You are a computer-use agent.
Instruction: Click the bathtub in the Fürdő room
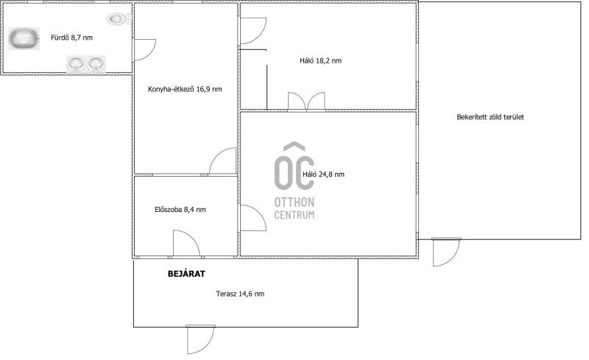pos(24,39)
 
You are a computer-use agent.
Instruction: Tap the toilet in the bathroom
pos(119,18)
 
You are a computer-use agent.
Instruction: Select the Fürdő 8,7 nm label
pos(71,38)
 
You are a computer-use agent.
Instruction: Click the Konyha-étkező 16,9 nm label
pos(185,89)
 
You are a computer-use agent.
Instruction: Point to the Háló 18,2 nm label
pos(321,60)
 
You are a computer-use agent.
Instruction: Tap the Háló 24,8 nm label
pos(323,174)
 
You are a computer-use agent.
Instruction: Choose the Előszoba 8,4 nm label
pos(180,210)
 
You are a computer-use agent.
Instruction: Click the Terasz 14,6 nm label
pos(240,294)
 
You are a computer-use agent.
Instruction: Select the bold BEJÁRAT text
pos(186,274)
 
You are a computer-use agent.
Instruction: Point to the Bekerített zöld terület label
pos(490,117)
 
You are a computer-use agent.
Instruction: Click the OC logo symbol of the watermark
pos(294,166)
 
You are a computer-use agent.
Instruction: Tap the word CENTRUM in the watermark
pos(294,215)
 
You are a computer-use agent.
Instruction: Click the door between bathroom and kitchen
pos(145,49)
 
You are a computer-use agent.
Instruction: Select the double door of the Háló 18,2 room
pos(306,102)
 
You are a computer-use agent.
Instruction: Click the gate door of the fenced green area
pos(446,252)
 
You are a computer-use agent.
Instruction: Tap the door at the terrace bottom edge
pos(200,339)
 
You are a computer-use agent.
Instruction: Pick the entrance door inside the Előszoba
pos(186,243)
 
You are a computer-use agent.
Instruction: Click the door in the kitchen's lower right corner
pos(223,160)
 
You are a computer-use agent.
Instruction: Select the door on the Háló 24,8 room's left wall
pos(253,218)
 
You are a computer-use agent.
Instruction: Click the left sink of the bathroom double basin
pos(77,64)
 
